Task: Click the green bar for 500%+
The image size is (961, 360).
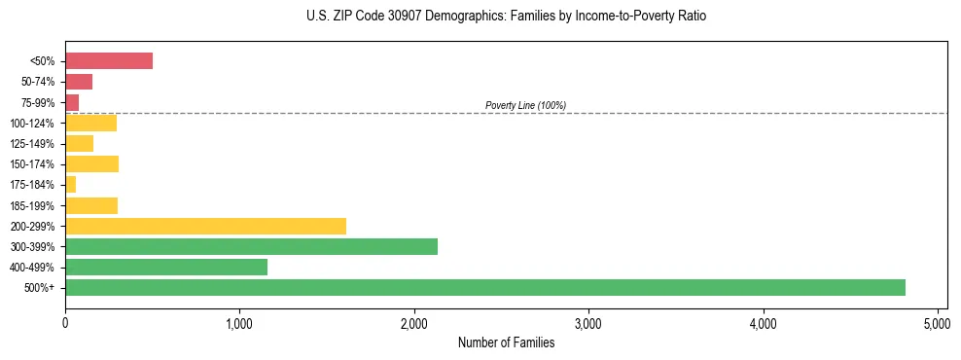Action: click(x=484, y=287)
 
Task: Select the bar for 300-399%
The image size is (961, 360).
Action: click(x=251, y=246)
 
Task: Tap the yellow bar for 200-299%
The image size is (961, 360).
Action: click(x=205, y=226)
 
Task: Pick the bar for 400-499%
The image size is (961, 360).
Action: click(x=165, y=267)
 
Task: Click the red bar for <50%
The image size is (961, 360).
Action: click(x=109, y=61)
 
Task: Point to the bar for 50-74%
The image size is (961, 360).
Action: click(x=79, y=82)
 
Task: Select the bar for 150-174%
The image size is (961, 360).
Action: click(x=91, y=163)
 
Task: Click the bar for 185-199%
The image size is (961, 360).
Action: click(x=91, y=205)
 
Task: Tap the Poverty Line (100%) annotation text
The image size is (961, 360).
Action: click(x=525, y=105)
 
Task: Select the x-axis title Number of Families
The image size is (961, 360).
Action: click(x=506, y=342)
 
